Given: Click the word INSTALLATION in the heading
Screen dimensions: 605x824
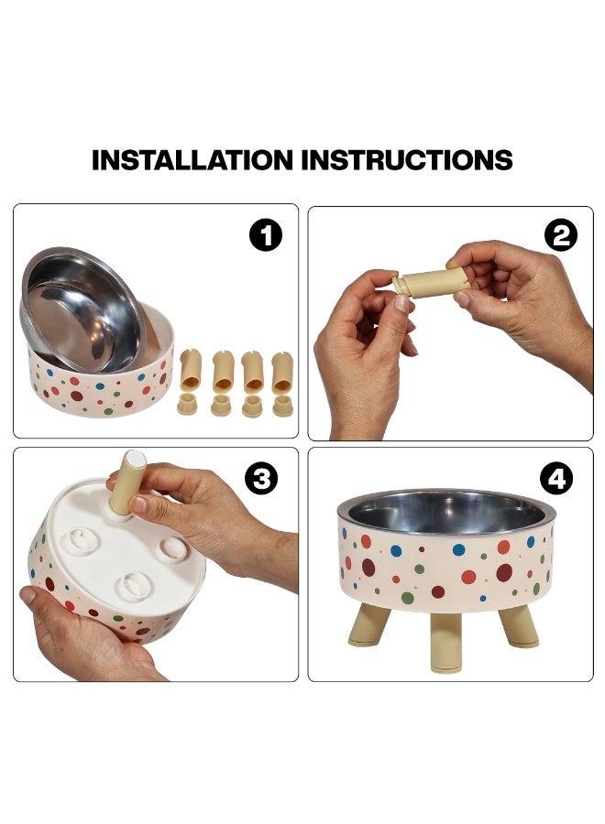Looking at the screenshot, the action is click(192, 159).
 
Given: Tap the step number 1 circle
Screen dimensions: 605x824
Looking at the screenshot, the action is click(266, 235).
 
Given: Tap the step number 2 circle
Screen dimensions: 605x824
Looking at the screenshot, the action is click(561, 235).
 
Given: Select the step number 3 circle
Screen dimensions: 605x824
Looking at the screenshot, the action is click(261, 479).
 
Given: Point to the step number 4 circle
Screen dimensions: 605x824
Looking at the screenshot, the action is click(556, 479).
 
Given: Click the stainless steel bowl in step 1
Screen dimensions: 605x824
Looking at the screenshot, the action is click(82, 310).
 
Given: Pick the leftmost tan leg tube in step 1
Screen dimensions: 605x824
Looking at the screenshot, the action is click(191, 371).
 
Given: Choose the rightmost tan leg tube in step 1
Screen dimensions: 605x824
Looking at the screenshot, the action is click(282, 373).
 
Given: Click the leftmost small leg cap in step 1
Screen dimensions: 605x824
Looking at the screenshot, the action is click(187, 405).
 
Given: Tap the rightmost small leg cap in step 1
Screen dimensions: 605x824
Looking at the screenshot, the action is click(283, 407).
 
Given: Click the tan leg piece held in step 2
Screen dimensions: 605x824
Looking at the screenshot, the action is click(430, 283).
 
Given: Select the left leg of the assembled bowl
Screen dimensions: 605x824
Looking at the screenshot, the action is click(368, 625).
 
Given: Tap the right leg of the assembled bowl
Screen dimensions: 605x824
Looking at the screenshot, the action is click(518, 626).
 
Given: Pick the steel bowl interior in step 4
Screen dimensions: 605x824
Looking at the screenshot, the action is click(447, 511).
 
